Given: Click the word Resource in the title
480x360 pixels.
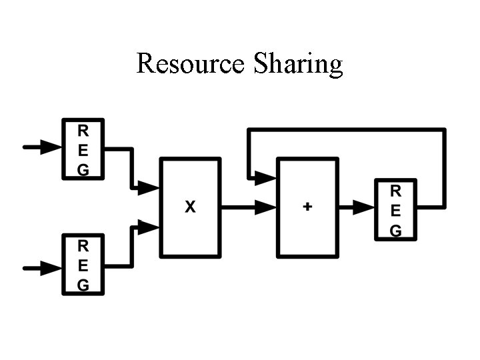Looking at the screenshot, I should (x=190, y=63).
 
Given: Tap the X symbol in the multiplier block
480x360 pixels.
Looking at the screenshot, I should (x=190, y=207).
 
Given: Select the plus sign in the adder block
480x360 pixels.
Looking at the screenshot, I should (x=307, y=207).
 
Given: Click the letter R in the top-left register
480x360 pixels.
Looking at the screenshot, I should (x=83, y=129).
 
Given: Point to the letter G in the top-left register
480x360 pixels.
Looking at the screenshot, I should (x=83, y=169).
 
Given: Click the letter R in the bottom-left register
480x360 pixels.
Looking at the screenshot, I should (x=83, y=245).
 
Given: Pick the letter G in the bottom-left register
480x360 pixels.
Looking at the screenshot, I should (x=83, y=285).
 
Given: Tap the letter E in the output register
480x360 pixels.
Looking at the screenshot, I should (x=395, y=211).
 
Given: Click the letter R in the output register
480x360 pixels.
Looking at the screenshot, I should (x=395, y=191).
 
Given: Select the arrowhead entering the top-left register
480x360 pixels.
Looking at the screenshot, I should (x=51, y=147).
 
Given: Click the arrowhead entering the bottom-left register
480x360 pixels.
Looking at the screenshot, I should (x=51, y=269).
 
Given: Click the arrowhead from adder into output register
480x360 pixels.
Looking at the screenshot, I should (x=363, y=207).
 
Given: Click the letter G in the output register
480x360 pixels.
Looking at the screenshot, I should (x=395, y=231).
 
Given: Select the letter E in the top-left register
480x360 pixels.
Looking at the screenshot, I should (x=83, y=149).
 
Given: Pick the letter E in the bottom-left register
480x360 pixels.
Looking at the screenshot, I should (x=83, y=265).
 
